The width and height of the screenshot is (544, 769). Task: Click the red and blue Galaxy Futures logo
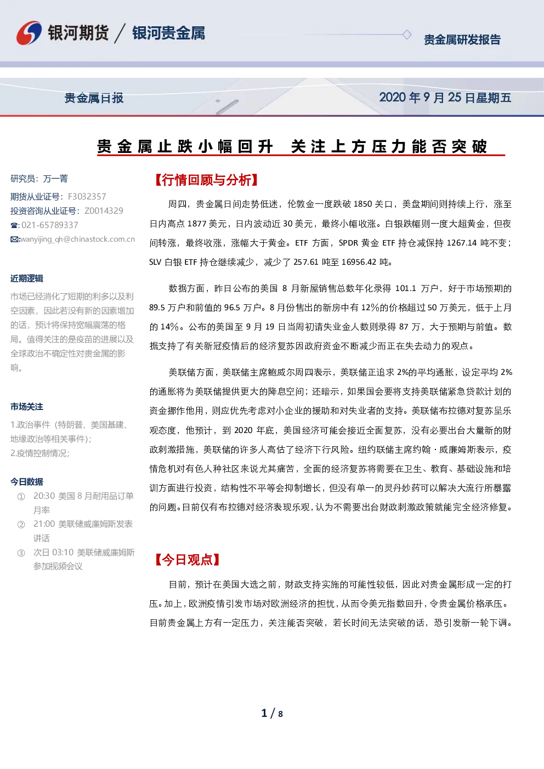(29, 33)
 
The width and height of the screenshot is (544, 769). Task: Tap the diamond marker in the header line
(406, 35)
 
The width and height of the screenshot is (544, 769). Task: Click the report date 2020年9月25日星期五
(445, 98)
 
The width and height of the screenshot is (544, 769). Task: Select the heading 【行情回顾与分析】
(206, 180)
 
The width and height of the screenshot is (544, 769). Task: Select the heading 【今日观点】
(187, 560)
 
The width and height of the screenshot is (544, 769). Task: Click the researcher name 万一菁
(55, 179)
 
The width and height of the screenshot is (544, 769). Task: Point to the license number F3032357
(87, 196)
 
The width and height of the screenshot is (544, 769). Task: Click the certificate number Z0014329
(104, 210)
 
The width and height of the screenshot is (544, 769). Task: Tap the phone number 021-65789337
(50, 225)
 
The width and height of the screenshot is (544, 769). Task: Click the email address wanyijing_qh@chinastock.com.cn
(77, 239)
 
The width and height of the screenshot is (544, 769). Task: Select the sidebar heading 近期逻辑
(27, 278)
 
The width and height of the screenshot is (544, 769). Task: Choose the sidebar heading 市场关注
(27, 407)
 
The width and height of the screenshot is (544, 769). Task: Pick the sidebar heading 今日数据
(27, 481)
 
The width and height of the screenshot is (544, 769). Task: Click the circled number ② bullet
(21, 525)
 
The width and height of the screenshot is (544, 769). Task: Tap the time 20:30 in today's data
(44, 495)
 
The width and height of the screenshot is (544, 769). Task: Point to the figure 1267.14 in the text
(462, 243)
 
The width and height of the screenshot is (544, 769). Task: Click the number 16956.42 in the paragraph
(359, 262)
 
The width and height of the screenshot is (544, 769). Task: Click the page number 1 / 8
(272, 714)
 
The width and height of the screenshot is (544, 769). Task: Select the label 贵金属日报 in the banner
(94, 98)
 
